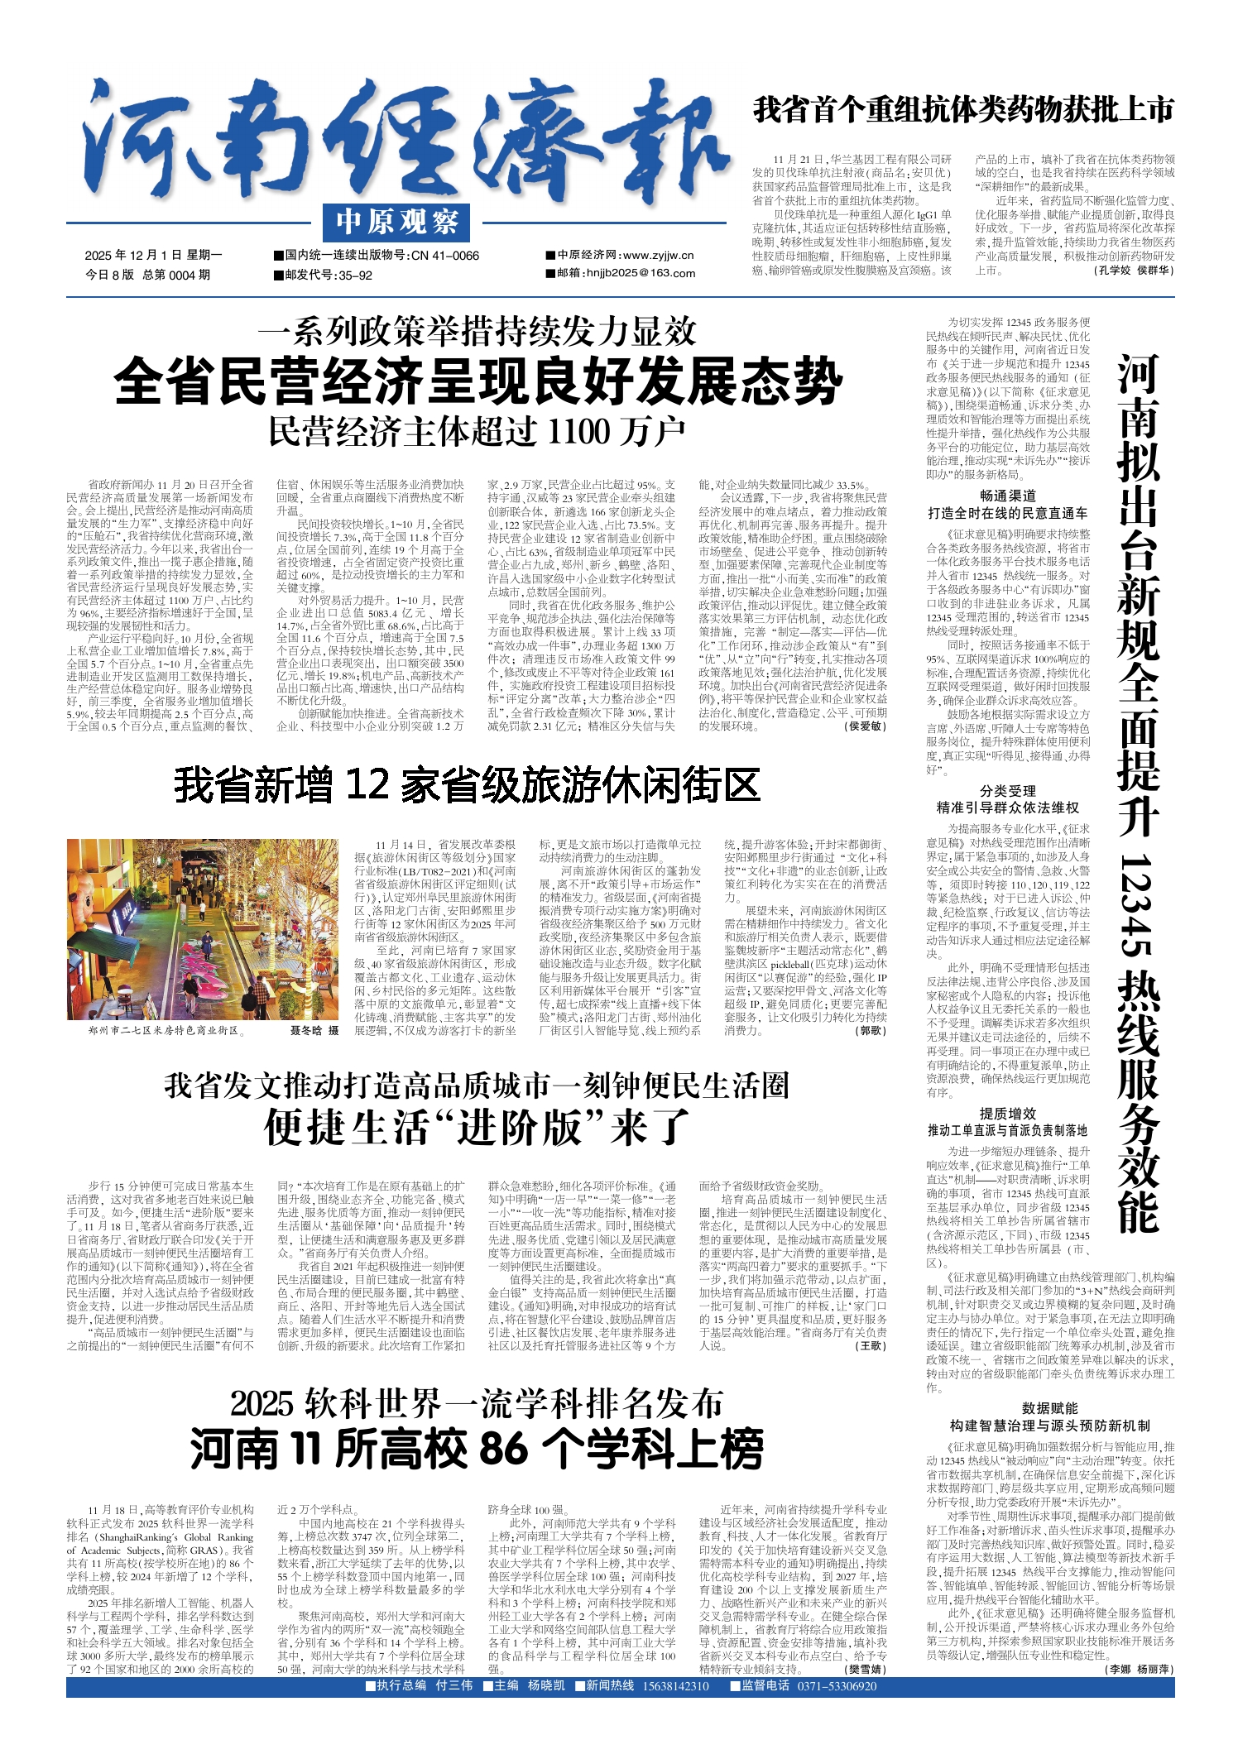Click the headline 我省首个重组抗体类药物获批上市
[963, 110]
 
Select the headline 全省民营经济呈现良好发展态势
[478, 381]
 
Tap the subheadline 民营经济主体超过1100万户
[477, 431]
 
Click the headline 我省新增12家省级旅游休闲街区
[467, 784]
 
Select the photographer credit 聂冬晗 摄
[314, 1031]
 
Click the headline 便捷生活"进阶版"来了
[477, 1127]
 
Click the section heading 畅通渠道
[1007, 496]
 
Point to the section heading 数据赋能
[1049, 1408]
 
